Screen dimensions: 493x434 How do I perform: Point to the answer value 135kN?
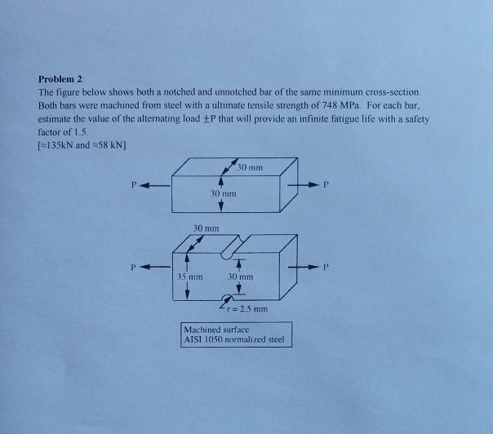62,144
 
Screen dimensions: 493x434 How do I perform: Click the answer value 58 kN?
114,144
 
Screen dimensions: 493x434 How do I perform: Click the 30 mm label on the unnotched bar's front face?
224,195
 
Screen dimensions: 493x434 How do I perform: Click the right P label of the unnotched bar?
326,184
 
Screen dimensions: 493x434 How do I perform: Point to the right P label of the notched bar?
326,266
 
